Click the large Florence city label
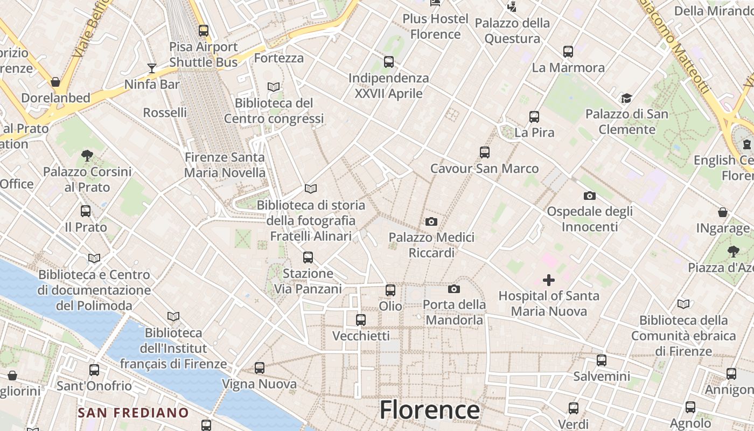click(429, 410)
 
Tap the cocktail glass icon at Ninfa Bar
click(152, 68)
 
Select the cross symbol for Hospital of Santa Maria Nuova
click(549, 280)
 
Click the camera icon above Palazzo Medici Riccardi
click(431, 221)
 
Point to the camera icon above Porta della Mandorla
click(454, 289)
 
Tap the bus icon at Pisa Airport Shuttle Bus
click(203, 31)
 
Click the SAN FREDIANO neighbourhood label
click(134, 413)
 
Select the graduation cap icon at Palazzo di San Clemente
click(626, 99)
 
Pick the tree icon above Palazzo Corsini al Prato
click(87, 156)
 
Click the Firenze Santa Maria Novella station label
click(225, 165)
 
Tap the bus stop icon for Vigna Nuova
click(260, 368)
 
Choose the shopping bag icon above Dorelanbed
click(55, 82)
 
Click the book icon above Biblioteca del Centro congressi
click(274, 87)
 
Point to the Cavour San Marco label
click(484, 169)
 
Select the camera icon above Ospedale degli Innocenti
click(590, 196)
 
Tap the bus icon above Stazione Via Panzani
click(308, 258)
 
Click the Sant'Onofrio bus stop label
click(94, 386)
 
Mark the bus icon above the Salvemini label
click(602, 360)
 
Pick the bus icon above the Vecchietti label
click(361, 320)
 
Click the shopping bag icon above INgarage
click(722, 213)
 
